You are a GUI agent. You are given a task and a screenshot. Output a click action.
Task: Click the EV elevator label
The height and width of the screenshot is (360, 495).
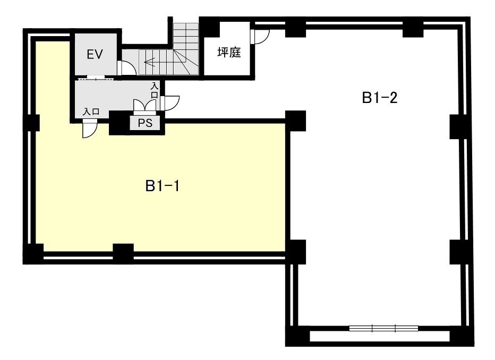[x=95, y=54]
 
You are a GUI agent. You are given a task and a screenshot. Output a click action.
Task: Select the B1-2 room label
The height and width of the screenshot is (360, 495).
[x=379, y=98]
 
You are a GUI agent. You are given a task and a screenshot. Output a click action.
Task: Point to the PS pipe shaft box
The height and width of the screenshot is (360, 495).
[x=145, y=123]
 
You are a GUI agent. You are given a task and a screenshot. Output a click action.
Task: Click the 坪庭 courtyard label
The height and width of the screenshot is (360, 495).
[x=229, y=52]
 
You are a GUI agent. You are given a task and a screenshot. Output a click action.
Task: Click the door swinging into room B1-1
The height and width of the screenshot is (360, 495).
[x=90, y=130]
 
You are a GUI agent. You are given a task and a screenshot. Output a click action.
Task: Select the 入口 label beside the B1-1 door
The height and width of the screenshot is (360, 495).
[x=91, y=112]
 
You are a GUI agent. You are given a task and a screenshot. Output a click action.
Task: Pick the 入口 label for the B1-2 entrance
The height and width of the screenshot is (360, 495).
[x=155, y=90]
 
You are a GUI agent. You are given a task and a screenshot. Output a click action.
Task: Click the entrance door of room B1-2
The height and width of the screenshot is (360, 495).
[x=170, y=103]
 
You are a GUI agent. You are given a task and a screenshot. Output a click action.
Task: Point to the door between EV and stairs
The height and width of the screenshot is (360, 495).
[x=126, y=68]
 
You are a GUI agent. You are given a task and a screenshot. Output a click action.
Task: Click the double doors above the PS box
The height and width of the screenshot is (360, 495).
[x=145, y=106]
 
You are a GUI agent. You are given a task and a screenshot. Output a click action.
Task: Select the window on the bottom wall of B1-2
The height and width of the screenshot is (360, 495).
[x=383, y=328]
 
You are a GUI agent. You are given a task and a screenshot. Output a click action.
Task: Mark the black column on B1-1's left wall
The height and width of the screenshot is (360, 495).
[x=34, y=123]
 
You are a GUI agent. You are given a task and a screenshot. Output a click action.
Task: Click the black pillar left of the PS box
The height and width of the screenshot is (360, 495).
[x=120, y=123]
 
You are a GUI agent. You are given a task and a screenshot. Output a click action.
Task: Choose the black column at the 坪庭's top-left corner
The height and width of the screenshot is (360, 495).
[x=210, y=28]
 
